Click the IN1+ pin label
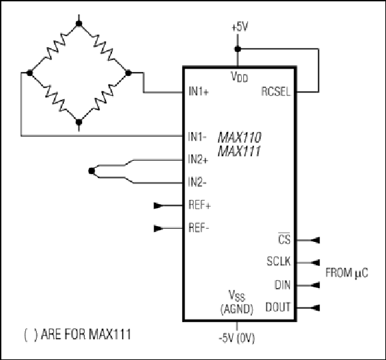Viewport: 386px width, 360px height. pos(199,91)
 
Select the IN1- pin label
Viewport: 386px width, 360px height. pos(197,137)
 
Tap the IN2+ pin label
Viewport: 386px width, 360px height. pos(198,159)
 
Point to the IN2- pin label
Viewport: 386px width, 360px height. pos(197,182)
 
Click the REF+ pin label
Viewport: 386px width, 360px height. pos(199,205)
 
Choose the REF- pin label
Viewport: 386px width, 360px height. pos(199,228)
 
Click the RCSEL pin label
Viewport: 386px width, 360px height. pos(276,92)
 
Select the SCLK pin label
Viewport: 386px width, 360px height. pos(279,261)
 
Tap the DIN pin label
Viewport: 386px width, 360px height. pos(283,285)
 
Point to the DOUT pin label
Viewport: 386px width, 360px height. pos(278,307)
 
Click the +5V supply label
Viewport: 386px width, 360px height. pos(240,27)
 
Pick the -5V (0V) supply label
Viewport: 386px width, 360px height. pos(237,338)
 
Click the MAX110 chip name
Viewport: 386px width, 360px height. pos(239,137)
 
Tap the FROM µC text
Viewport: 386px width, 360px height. pos(347,273)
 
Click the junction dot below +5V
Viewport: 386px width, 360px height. pos(237,49)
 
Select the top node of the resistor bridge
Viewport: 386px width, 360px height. pos(79,23)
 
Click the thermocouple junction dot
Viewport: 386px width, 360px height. pos(91,171)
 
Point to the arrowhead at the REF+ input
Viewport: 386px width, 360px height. pos(158,205)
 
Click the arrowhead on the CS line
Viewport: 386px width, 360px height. pos(315,240)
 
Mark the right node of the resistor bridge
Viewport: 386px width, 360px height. pos(128,73)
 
